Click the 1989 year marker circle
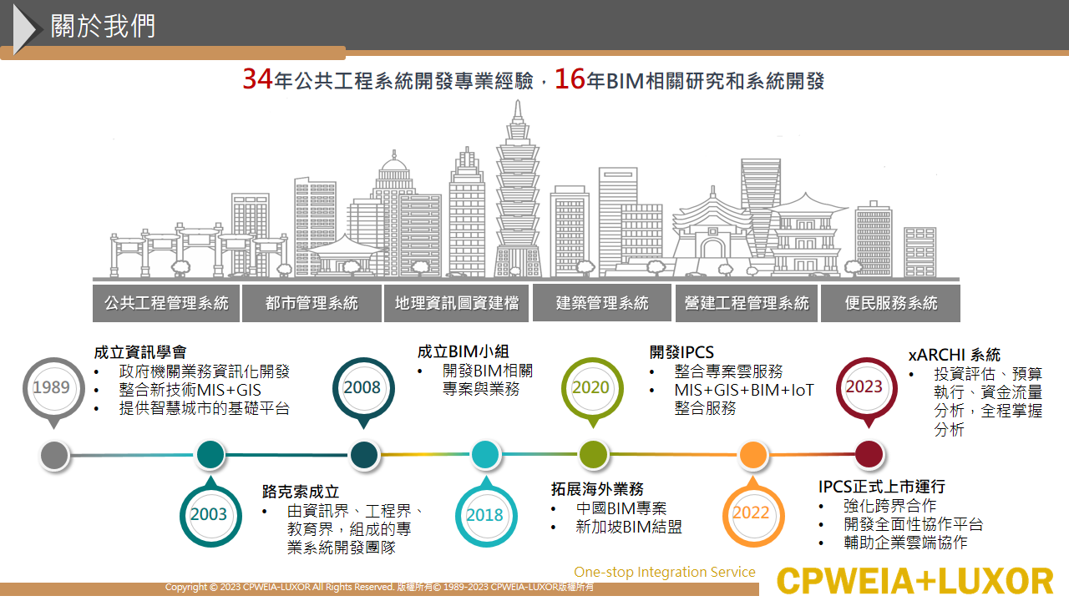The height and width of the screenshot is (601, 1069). tap(53, 388)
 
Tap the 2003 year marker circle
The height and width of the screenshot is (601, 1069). tap(210, 516)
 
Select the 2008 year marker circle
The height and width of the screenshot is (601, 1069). tap(363, 388)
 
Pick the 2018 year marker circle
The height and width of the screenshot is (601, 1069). tap(486, 516)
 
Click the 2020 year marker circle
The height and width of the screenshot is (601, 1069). tap(592, 388)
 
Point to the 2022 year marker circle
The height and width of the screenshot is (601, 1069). tap(752, 516)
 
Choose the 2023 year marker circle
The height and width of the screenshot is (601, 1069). tap(866, 388)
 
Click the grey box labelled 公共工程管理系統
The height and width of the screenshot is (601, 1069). tap(166, 303)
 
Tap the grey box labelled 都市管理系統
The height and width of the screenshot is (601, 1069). tap(312, 303)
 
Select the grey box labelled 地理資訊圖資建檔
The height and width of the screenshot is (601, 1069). tap(456, 303)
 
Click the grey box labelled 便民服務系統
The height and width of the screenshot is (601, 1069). tap(890, 303)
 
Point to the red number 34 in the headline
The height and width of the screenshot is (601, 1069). tap(258, 78)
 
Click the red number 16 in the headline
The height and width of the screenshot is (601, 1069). tap(570, 78)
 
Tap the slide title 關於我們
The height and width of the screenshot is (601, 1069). tap(103, 26)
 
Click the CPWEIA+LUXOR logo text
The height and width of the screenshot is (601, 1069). tap(914, 581)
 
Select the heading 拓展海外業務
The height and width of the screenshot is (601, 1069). tap(597, 489)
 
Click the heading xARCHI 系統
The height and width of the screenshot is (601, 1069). tap(954, 355)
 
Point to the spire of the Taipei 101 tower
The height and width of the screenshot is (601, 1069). tap(518, 111)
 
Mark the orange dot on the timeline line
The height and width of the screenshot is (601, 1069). tap(753, 455)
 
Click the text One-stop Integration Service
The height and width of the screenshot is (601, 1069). tap(664, 572)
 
